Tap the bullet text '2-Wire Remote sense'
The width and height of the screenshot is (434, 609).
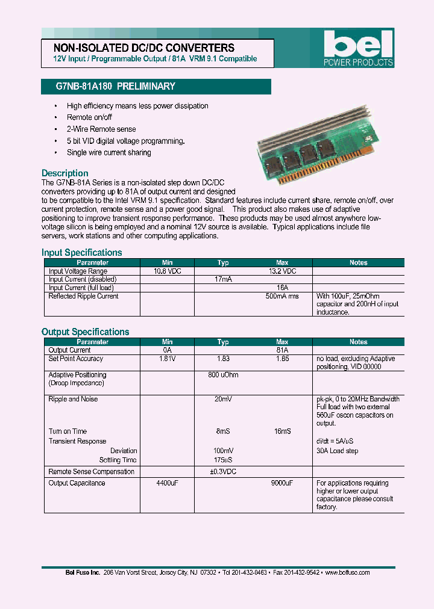[x=101, y=129]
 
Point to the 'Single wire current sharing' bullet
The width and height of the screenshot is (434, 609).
[x=108, y=153]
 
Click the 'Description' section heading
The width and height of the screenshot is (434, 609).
[x=64, y=173]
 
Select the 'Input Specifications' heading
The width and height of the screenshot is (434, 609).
[x=81, y=253]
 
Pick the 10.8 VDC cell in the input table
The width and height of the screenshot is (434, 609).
[x=167, y=271]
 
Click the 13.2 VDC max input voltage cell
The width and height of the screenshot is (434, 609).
[x=281, y=271]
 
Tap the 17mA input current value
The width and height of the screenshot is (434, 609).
[x=223, y=280]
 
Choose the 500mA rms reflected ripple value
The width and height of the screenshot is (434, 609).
[x=281, y=296]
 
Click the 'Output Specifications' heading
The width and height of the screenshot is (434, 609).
[x=85, y=332]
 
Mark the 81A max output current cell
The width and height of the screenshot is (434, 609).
[x=281, y=350]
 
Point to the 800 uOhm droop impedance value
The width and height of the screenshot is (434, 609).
[x=223, y=375]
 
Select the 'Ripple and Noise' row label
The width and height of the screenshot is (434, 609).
[x=73, y=399]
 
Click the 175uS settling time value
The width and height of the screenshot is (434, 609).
[x=223, y=460]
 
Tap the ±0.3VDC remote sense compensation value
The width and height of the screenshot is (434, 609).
[x=223, y=472]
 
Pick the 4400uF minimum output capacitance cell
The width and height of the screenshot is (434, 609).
[x=167, y=483]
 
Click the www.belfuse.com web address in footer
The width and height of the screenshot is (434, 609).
[x=347, y=572]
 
